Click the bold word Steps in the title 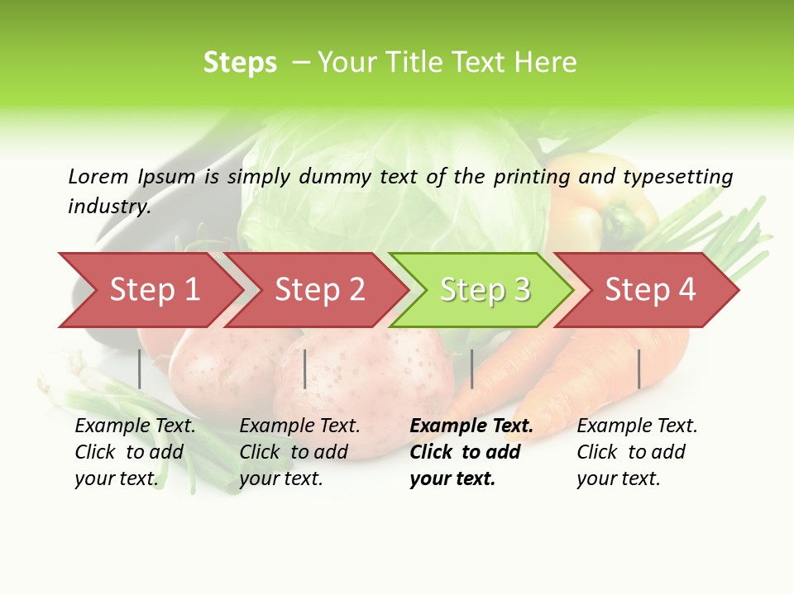tap(240, 63)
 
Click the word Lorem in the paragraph tap(98, 176)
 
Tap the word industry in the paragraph tap(108, 207)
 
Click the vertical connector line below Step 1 tap(140, 369)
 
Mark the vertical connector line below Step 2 tap(305, 369)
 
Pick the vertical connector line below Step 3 tap(471, 369)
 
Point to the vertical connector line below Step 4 tap(639, 369)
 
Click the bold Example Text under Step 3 tap(471, 426)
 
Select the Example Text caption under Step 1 tap(135, 426)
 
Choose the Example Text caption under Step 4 tap(637, 426)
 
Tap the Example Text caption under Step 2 tap(299, 426)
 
